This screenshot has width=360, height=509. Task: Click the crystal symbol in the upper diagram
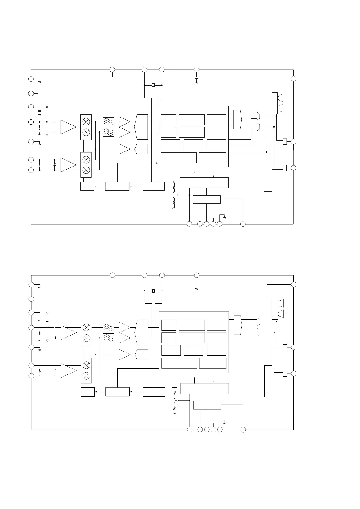[153, 85]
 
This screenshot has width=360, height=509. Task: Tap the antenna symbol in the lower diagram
[47, 313]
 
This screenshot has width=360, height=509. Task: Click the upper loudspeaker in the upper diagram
[281, 98]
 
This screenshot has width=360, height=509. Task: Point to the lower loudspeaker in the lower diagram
[281, 313]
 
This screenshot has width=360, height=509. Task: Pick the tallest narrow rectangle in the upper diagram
[268, 175]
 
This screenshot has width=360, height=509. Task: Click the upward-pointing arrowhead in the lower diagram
[194, 378]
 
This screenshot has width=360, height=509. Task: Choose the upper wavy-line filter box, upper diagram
[108, 122]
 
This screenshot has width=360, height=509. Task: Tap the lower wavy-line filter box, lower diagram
[109, 338]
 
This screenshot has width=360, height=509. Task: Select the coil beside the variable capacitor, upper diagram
[40, 165]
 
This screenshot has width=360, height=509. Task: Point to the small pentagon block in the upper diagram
[141, 149]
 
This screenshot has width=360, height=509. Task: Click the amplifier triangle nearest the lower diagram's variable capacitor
[68, 371]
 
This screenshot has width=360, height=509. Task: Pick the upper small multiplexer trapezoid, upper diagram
[258, 116]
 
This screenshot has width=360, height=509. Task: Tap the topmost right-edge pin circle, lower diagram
[293, 284]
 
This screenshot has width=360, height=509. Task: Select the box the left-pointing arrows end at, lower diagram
[88, 392]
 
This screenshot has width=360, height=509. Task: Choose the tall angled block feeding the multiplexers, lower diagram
[238, 325]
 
